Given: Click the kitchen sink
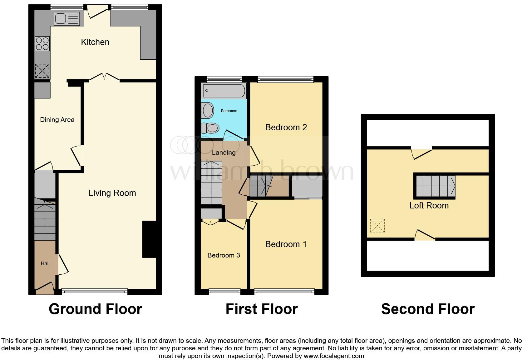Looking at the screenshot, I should [67, 18].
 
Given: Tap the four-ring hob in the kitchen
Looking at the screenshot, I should [42, 44].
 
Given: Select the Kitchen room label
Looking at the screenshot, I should [95, 42].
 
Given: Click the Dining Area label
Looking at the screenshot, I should [57, 120].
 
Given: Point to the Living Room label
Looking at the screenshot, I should [112, 193].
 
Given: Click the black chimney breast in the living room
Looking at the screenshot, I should [149, 239].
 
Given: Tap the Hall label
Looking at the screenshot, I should [45, 264].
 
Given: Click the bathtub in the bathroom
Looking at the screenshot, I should [224, 91].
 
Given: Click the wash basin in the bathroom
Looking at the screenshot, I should [208, 110].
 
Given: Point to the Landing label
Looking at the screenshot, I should [224, 152].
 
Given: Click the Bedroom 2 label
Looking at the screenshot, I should [286, 127].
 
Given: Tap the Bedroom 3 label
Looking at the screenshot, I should [224, 255].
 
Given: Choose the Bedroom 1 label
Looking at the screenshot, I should [286, 244].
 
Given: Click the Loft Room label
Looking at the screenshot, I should [429, 206].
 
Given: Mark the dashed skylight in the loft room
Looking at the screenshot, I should [377, 226].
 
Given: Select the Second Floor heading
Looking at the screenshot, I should [427, 309].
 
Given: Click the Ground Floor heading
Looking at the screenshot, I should [95, 309].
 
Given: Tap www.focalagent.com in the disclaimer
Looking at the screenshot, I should [334, 356].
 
